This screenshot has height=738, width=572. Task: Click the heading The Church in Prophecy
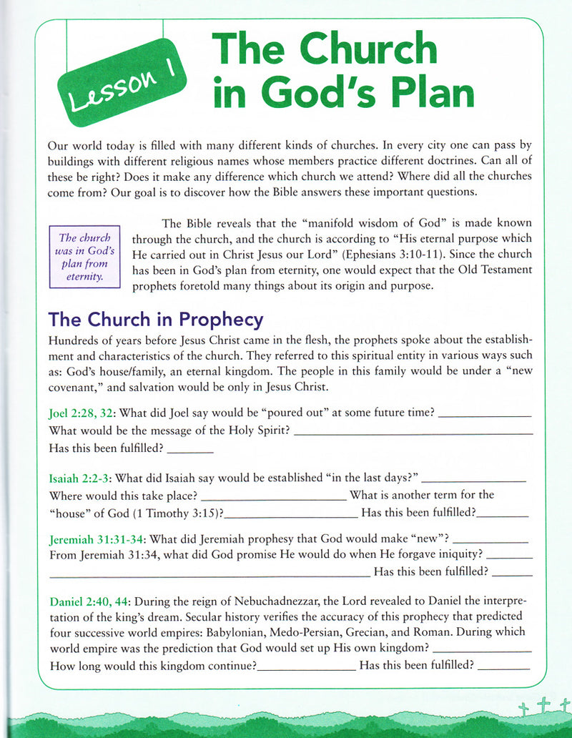click(155, 319)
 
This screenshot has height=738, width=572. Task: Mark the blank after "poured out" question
click(484, 415)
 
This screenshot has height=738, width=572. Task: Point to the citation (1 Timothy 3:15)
click(175, 512)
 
